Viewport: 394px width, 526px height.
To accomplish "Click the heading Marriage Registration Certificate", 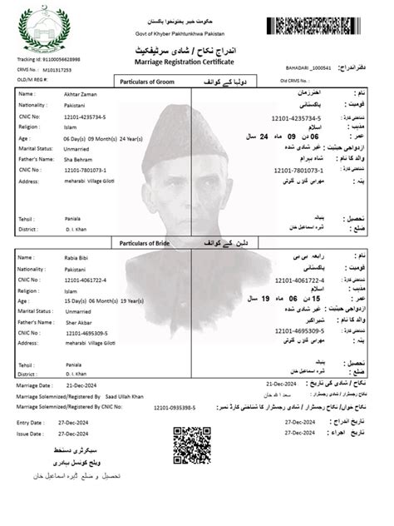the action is coord(195,62).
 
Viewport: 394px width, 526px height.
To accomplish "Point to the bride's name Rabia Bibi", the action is coord(79,258).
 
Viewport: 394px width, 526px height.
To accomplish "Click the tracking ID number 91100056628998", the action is coord(62,59).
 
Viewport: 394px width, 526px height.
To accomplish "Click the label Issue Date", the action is coord(30,434).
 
